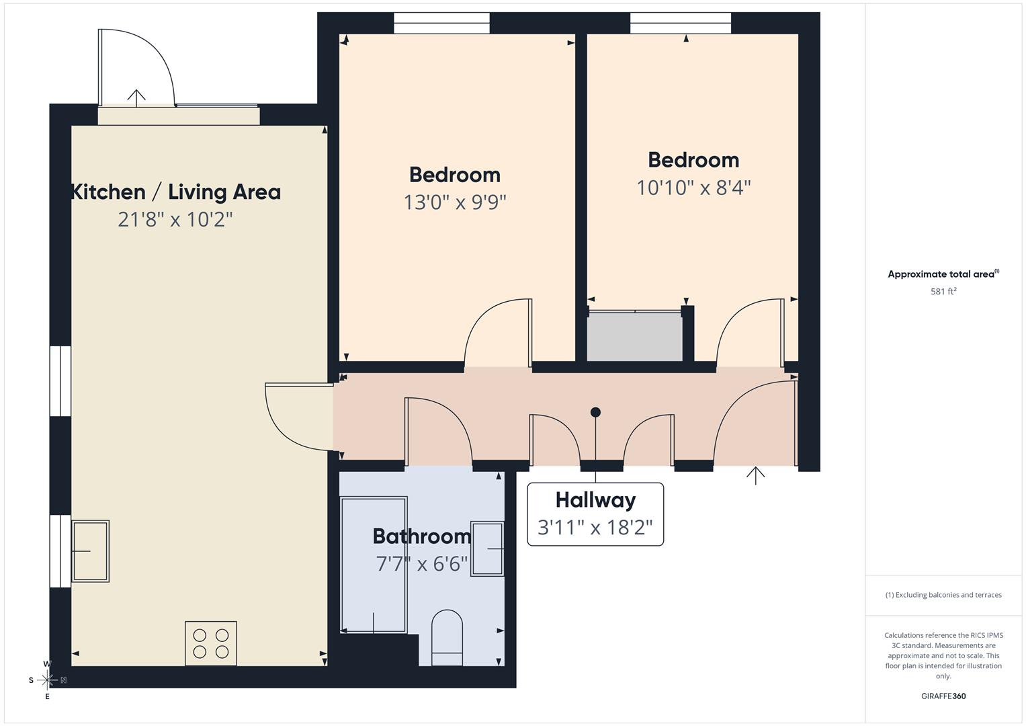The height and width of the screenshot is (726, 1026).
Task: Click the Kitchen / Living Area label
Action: point(176,192)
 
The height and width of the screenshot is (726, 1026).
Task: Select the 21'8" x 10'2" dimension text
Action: point(175,220)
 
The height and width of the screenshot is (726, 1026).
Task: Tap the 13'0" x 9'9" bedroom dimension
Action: point(455,202)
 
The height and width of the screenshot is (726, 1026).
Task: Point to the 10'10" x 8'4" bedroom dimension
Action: point(693,188)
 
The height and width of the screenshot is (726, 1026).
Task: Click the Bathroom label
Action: point(422,536)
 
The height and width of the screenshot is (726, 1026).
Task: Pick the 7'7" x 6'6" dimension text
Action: point(422,563)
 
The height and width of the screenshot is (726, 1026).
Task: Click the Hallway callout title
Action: point(595,500)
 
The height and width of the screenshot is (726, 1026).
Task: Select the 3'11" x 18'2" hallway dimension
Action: point(595,527)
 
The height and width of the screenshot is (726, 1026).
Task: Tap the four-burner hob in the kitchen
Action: point(211,643)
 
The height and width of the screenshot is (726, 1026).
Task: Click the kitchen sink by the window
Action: point(91,551)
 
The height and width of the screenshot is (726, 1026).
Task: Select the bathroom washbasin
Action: point(487,549)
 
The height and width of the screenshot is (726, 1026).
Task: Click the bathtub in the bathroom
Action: point(374,565)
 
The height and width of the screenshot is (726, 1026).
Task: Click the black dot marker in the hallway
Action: point(595,412)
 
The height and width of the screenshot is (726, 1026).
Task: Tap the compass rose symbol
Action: point(47,680)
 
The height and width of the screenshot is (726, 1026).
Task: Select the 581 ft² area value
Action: point(943,292)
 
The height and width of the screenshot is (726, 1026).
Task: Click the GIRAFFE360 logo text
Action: point(943,696)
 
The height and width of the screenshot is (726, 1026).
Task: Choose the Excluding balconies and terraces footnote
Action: point(943,595)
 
